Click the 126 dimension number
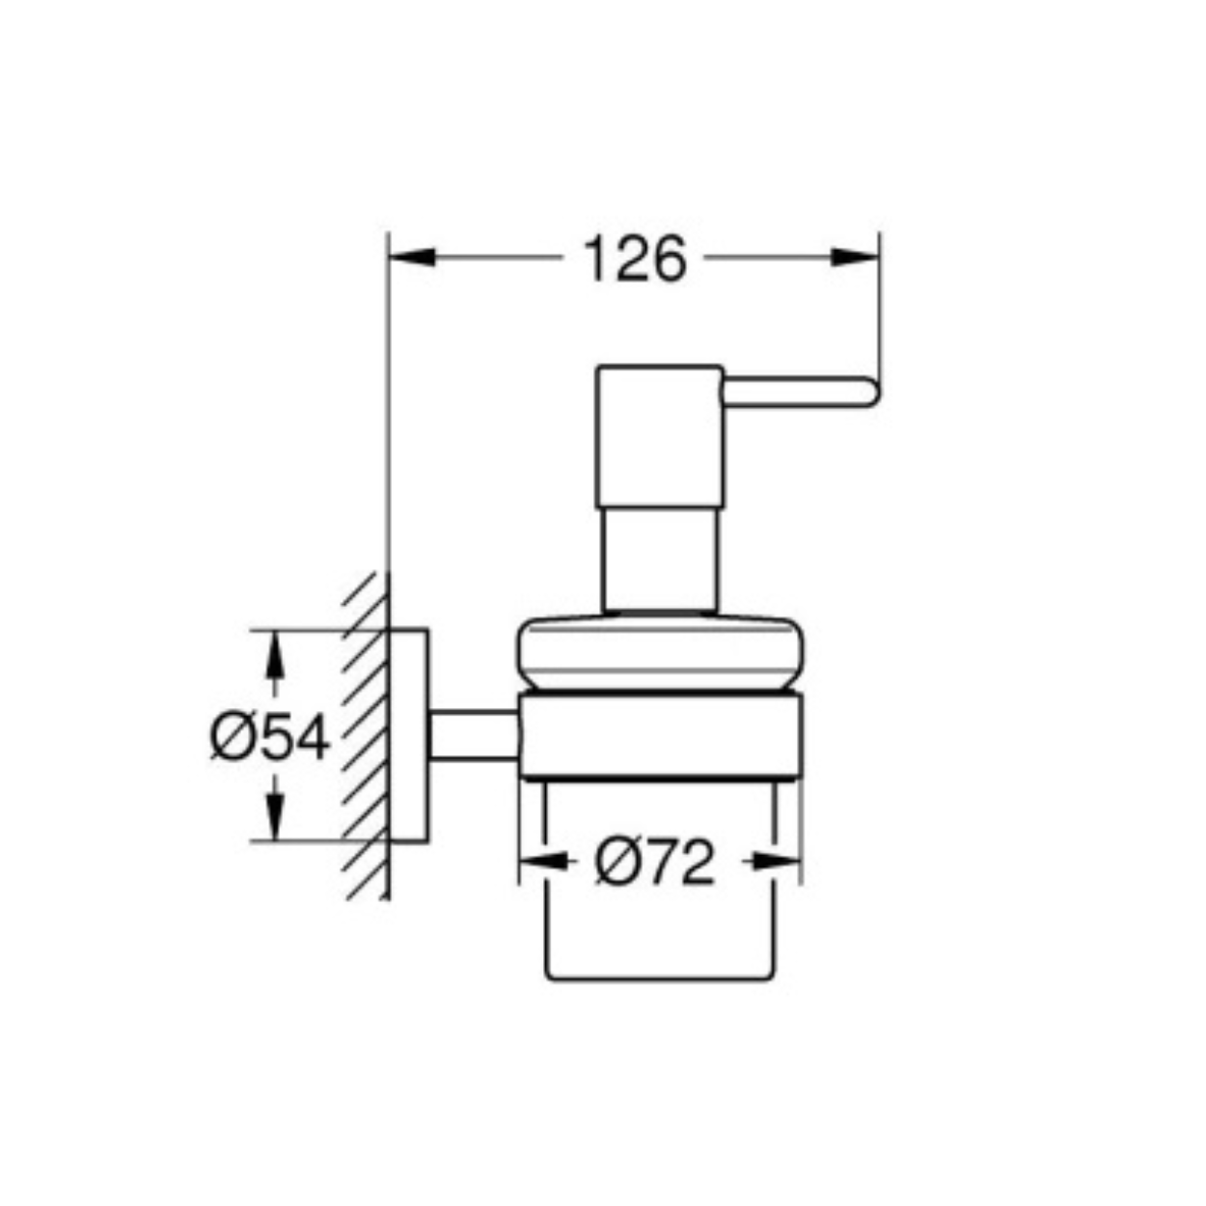coord(635,259)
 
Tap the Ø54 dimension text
coord(270,738)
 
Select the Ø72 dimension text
coord(655,862)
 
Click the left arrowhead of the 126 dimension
coord(412,258)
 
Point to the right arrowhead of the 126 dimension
coord(855,258)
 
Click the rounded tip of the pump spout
coord(872,393)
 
